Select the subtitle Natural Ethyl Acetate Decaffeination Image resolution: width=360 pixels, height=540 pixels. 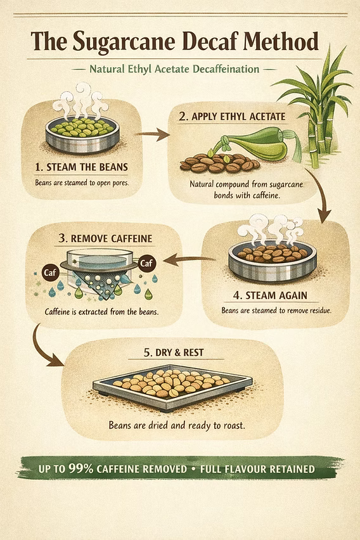pos(174,69)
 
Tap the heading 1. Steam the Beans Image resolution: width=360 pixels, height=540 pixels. pos(81,167)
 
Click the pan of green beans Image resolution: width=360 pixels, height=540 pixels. pos(82,134)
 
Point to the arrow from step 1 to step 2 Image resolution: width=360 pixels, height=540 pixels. pos(151,134)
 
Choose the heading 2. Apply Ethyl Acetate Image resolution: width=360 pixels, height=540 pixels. pos(232,117)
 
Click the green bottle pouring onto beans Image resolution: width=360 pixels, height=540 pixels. pos(255,142)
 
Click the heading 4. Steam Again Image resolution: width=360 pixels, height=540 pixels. pos(270,295)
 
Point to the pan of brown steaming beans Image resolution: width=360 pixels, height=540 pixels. pos(272,260)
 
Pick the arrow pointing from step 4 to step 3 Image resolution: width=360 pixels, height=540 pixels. pos(189,260)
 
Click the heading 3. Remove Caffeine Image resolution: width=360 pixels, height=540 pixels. pos(105,238)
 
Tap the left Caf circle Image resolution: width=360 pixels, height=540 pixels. pos(50,273)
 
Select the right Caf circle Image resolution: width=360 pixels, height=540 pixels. pos(146,264)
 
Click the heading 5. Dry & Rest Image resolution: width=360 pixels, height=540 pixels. pos(174,352)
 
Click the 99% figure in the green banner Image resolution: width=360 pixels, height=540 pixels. pos(80,468)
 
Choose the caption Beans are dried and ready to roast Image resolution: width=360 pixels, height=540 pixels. pos(177,425)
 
